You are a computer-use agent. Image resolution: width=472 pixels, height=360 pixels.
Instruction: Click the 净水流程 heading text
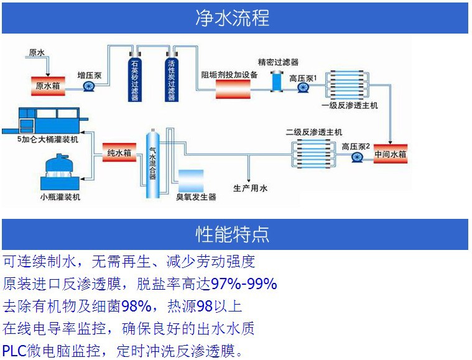pos(232,17)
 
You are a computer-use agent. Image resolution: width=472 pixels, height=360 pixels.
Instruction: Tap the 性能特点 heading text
pos(232,234)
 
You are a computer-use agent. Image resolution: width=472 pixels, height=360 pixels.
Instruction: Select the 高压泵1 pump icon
pos(303,88)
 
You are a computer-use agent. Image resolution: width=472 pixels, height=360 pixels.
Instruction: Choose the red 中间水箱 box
pos(391,153)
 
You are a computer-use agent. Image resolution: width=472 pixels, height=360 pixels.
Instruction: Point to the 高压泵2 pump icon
pos(357,157)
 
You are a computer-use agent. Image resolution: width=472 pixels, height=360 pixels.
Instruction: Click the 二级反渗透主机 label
pos(313,132)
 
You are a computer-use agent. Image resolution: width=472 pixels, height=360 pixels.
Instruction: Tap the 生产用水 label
pos(251,188)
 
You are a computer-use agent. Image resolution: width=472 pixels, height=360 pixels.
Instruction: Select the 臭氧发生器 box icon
pos(190,179)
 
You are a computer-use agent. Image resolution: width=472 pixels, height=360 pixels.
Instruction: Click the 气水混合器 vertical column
pos(151,164)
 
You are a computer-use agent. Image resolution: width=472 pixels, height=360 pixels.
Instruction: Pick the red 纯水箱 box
pos(119,152)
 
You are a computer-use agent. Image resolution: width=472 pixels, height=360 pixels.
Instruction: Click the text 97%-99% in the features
pos(244,285)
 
